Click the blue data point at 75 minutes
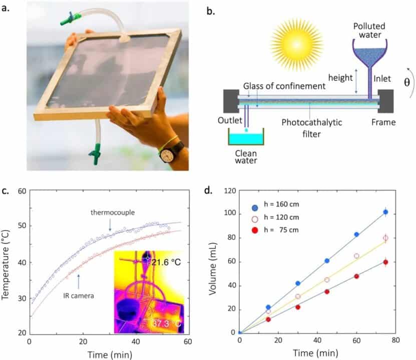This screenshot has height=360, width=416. click(385, 212)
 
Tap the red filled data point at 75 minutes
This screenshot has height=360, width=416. click(385, 262)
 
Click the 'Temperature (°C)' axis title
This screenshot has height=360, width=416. click(7, 262)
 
